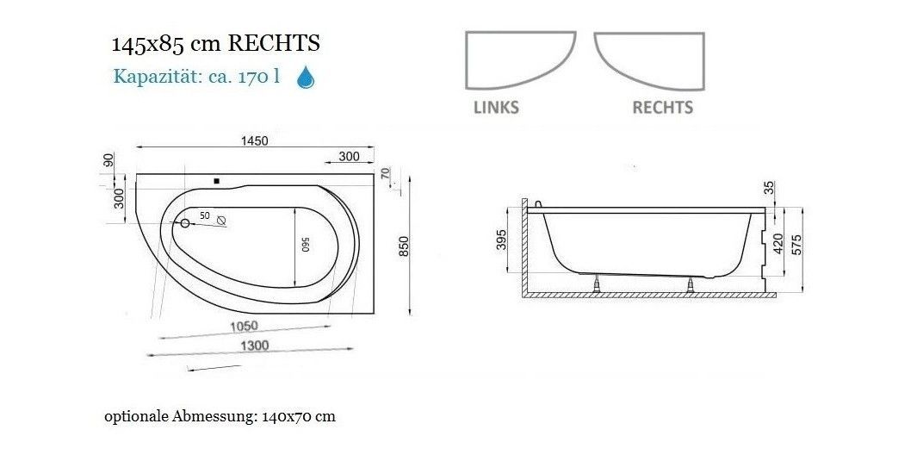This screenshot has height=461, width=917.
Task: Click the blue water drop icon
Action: tap(306, 78)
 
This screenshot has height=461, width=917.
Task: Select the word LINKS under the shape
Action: tap(496, 108)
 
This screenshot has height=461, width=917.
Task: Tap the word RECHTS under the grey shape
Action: tap(663, 108)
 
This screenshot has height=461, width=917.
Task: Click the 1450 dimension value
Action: tap(254, 141)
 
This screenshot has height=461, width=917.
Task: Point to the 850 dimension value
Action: tap(404, 246)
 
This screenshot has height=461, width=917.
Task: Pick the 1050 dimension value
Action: tap(244, 327)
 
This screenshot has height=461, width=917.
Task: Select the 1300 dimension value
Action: tap(255, 346)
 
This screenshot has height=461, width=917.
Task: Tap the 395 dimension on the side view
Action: tap(502, 240)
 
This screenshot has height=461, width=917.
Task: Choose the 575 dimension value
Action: tap(796, 245)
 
